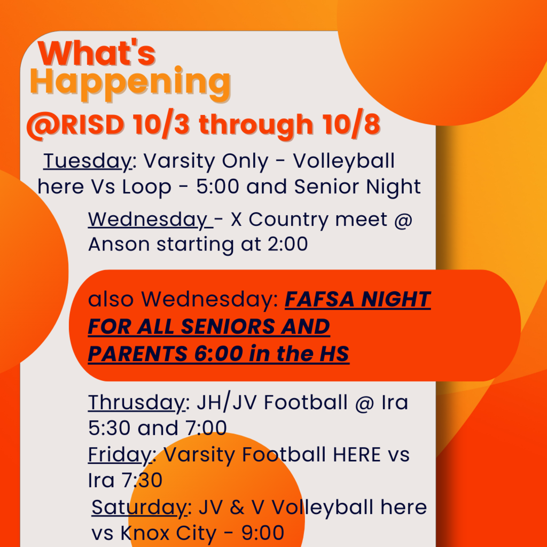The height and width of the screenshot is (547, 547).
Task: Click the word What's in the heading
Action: (x=97, y=53)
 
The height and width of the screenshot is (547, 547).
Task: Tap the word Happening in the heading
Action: (x=130, y=83)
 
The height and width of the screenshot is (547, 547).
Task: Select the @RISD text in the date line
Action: (x=75, y=125)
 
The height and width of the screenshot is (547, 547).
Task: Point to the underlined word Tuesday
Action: (x=88, y=161)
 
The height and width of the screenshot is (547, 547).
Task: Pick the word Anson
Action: (x=119, y=244)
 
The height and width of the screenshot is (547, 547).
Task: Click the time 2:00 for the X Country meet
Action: (x=287, y=244)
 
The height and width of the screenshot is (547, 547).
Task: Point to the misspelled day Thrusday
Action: (x=136, y=403)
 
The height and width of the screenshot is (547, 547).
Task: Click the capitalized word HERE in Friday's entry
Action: (x=356, y=455)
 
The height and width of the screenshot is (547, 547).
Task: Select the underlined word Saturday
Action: (x=139, y=507)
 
